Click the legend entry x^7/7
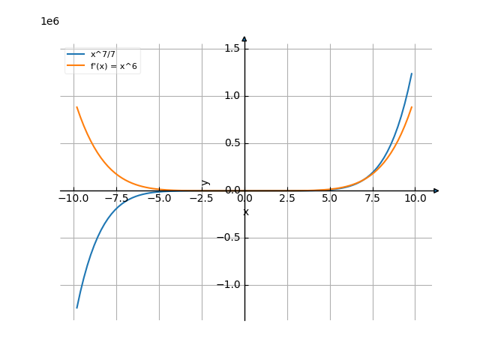tap(103, 55)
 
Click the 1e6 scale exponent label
tap(49, 21)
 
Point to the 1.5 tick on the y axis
tap(232, 49)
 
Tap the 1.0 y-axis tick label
tap(232, 96)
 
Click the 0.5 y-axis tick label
tap(232, 143)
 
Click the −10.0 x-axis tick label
tap(73, 199)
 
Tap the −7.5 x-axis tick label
tap(116, 199)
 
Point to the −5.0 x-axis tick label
tap(159, 199)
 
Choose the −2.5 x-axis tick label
tap(202, 199)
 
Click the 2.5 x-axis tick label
tap(287, 199)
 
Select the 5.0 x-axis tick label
tap(330, 199)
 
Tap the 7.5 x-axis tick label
tap(373, 199)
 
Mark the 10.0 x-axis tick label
tap(415, 199)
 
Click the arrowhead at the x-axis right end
tap(436, 190)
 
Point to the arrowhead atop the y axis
tap(244, 38)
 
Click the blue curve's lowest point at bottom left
tap(76, 307)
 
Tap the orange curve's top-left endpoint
tap(76, 106)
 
